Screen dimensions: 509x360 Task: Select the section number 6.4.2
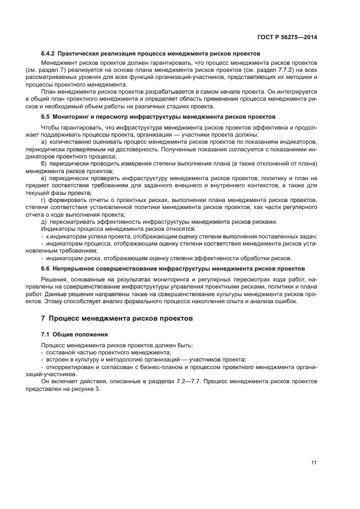[x=48, y=54]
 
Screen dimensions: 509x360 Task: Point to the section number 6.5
[x=46, y=117]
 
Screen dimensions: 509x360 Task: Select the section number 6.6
[x=46, y=269]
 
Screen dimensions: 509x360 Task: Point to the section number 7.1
[x=46, y=334]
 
